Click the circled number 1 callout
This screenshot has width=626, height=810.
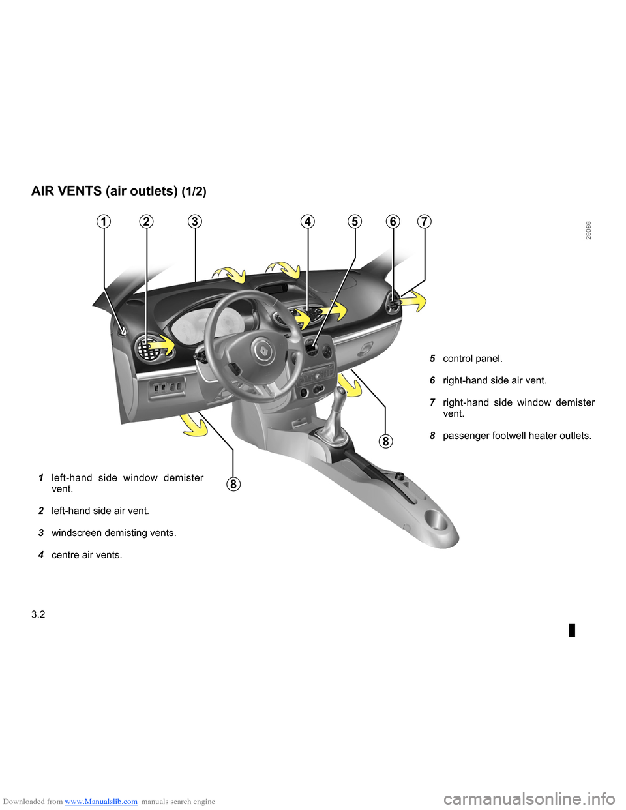(104, 222)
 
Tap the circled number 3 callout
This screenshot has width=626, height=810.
(195, 222)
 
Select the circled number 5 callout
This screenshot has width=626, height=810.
(355, 222)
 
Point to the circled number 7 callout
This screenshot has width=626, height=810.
(424, 222)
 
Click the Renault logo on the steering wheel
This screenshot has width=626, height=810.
(263, 350)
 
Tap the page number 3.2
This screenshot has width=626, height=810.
(38, 614)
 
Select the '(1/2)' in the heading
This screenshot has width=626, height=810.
(194, 191)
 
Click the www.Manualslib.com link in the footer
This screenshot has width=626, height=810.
(101, 802)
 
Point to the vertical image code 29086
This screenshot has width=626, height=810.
(588, 231)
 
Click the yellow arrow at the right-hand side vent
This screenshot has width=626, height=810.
(413, 301)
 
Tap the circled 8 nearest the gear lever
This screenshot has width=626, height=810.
(385, 442)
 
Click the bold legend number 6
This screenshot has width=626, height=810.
(432, 381)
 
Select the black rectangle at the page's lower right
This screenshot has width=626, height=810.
(572, 630)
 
